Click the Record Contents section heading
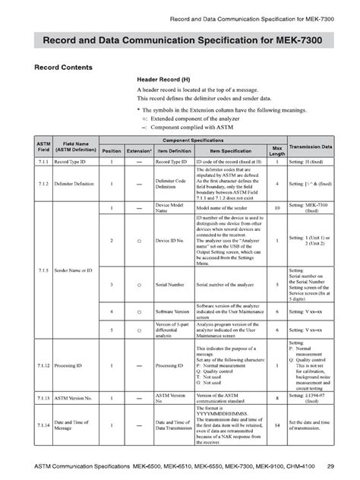pyautogui.click(x=63, y=68)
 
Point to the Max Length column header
pyautogui.click(x=276, y=150)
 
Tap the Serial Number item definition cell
pyautogui.click(x=173, y=285)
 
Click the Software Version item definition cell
pyautogui.click(x=173, y=312)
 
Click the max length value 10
pyautogui.click(x=276, y=207)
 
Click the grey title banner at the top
pyautogui.click(x=180, y=39)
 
